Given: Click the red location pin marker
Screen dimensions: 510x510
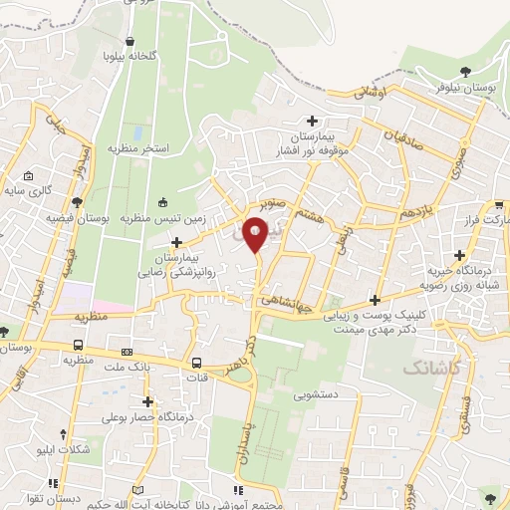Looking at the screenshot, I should [256, 236].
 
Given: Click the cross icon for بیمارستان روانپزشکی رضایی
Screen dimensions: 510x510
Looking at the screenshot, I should [177, 242].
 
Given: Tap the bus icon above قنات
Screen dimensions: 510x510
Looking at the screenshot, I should [196, 363].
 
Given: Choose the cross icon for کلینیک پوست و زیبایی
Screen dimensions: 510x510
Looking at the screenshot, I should [375, 300].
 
